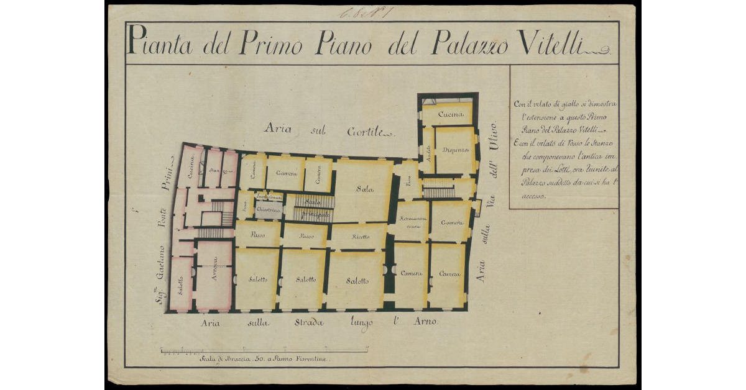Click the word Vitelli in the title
[557, 43]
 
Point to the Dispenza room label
[456, 150]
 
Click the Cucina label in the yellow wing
[451, 115]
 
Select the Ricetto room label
[360, 237]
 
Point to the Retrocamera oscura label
[412, 222]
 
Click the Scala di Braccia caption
[264, 359]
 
